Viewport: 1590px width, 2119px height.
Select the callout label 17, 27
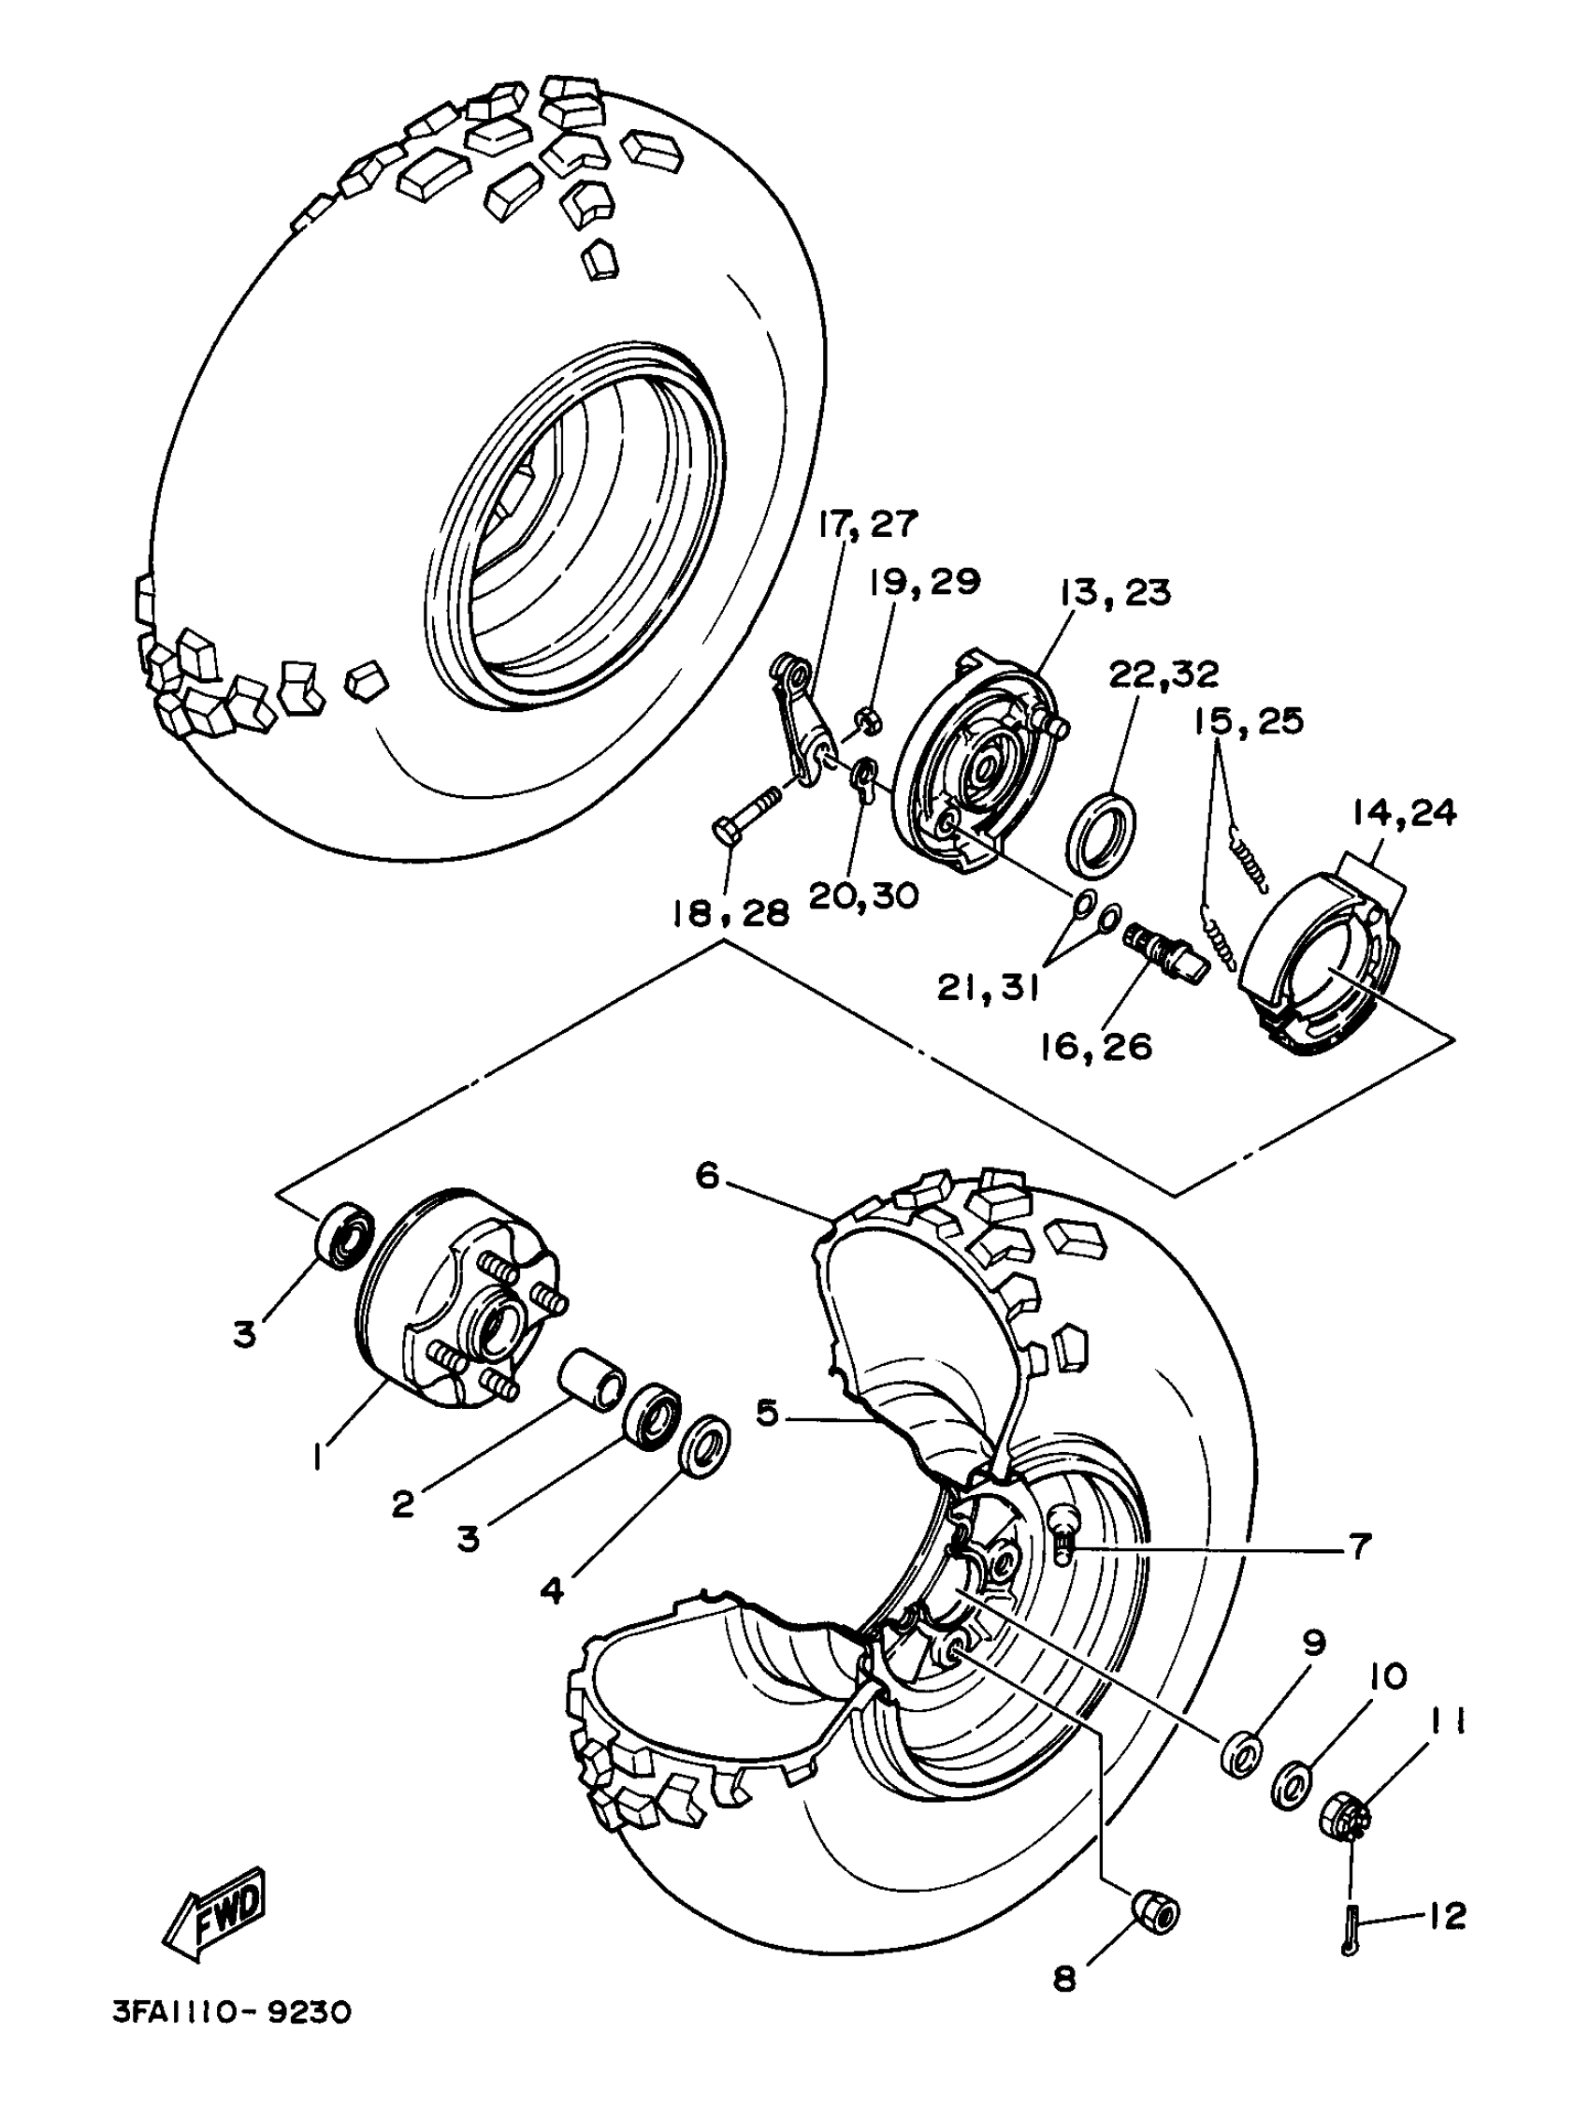point(867,524)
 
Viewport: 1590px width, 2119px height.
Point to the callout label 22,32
point(1163,675)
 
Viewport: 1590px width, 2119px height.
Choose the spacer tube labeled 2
point(591,1381)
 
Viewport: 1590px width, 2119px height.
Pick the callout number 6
point(707,1175)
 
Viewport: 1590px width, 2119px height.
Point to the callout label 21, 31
point(988,988)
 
